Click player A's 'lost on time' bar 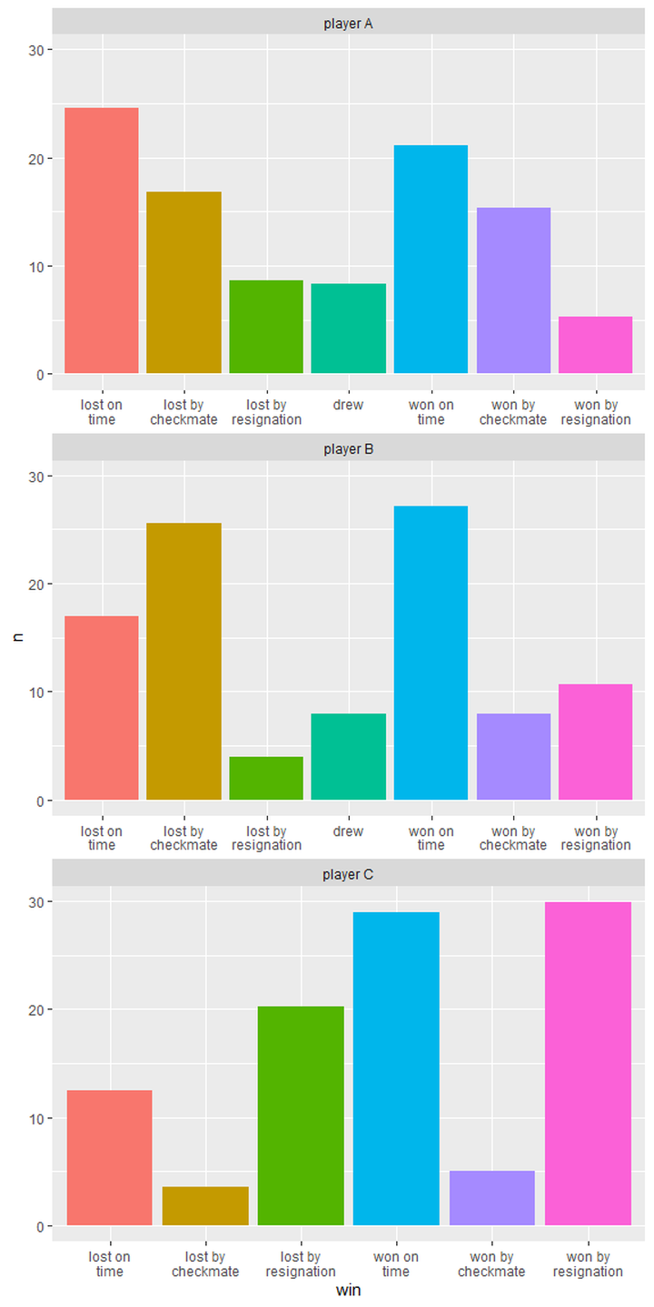pos(101,241)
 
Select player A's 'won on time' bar pos(431,260)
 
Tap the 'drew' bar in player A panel pos(348,329)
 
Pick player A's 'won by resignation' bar pos(595,345)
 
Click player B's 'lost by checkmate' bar pos(183,662)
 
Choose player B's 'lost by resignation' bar pos(266,779)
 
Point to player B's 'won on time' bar pos(431,653)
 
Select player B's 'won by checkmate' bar pos(513,757)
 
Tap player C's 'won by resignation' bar pos(588,1064)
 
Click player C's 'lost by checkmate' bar pos(205,1206)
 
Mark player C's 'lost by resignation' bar pos(301,1116)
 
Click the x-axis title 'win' pos(348,1290)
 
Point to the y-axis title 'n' pos(17,638)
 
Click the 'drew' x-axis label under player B pos(348,831)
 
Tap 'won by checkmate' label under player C pos(491,1264)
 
